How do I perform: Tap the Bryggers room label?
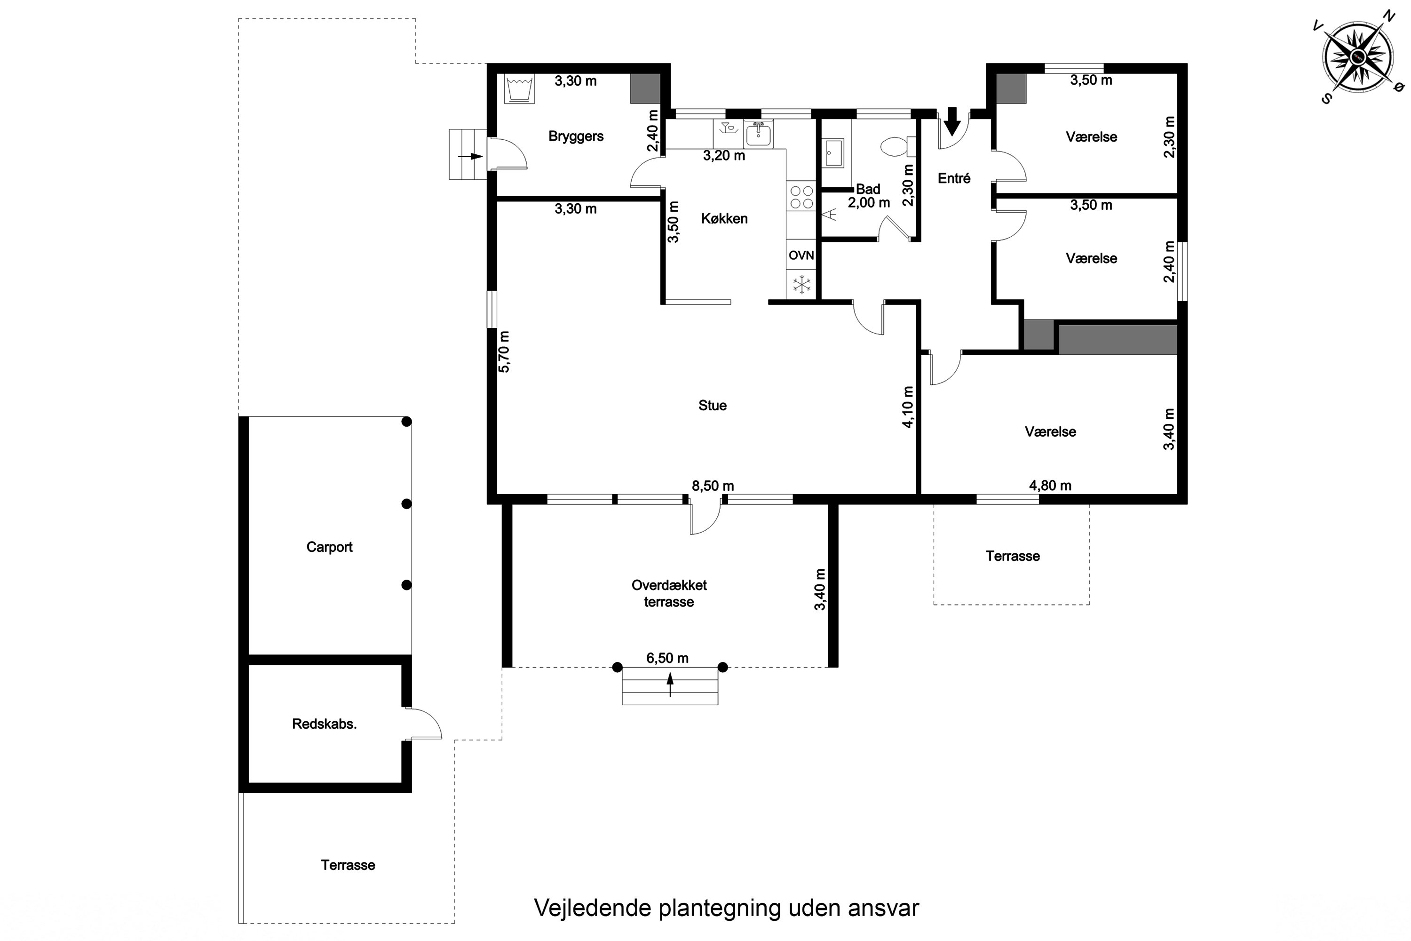(x=576, y=136)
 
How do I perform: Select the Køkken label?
(x=724, y=218)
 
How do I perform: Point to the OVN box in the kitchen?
(x=801, y=255)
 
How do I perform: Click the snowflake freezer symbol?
(x=801, y=285)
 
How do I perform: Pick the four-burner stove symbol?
(x=801, y=197)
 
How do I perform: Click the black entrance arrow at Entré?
(x=951, y=122)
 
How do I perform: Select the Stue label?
(x=712, y=406)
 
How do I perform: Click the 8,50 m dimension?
(x=713, y=486)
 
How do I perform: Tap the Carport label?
(x=329, y=547)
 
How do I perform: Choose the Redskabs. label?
(x=324, y=724)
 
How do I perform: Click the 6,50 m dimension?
(x=667, y=658)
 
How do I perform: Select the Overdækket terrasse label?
(x=669, y=593)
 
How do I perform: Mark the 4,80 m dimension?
(x=1050, y=486)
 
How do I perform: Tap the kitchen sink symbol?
(x=758, y=134)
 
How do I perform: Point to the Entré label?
(x=954, y=178)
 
